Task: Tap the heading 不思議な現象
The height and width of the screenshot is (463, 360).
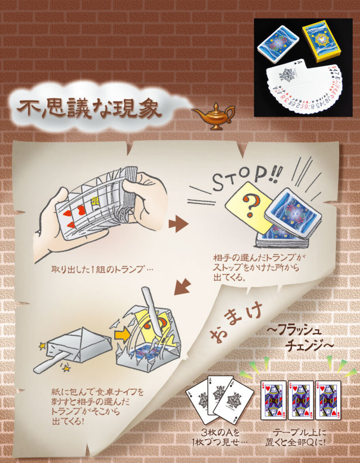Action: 89,109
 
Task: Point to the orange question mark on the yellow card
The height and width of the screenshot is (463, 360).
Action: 249,205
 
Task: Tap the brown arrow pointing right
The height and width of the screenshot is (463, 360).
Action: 178,224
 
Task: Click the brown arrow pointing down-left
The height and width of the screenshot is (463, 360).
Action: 182,286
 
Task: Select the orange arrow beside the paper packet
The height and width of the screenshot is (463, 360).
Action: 122,334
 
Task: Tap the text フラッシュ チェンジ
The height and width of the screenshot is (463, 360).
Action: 301,338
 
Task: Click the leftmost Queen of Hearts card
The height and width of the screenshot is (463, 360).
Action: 273,400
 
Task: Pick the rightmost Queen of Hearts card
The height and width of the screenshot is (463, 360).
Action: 328,400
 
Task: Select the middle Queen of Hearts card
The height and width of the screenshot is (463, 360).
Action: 300,400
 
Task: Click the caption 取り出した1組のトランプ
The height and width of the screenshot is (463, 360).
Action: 102,269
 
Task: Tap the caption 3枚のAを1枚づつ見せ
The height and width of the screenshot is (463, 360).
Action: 219,438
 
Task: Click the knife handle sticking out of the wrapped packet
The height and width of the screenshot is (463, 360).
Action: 50,363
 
